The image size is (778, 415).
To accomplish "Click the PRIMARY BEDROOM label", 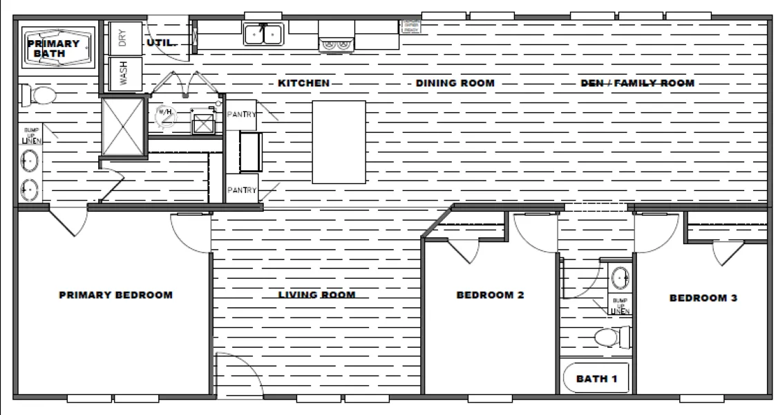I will (x=115, y=295).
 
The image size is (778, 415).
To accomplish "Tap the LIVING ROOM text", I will (x=316, y=295).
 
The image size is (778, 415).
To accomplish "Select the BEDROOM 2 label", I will (x=490, y=295).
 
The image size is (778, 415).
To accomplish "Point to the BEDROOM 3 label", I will (x=703, y=299).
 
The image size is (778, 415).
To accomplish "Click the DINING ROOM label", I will (x=455, y=84).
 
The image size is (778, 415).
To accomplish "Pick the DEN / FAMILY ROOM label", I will (x=637, y=84).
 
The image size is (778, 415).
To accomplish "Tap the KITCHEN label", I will (x=303, y=84).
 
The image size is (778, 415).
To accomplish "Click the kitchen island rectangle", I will (x=339, y=142).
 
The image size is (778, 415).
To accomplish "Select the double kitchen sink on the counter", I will (x=263, y=34).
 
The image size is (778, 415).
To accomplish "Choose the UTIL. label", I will (x=160, y=43).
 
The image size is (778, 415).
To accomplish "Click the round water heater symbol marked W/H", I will (x=166, y=116).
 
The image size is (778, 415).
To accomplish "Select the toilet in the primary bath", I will (x=39, y=95).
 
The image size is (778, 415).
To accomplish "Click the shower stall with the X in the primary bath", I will (x=123, y=127).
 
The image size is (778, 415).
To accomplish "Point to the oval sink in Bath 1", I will (x=620, y=278).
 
